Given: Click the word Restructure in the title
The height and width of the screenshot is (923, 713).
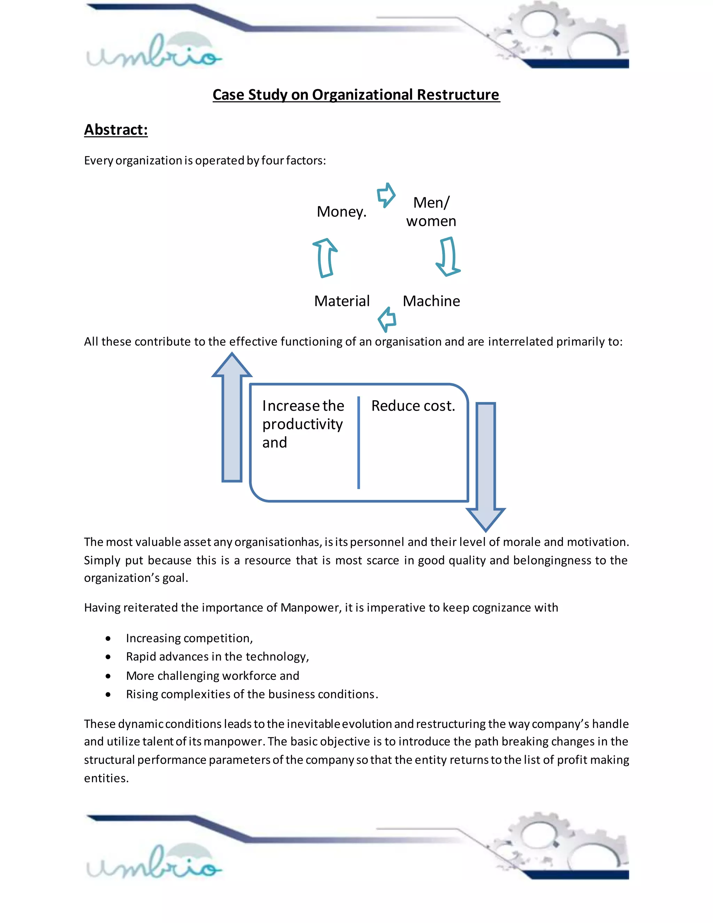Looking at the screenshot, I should pyautogui.click(x=457, y=95).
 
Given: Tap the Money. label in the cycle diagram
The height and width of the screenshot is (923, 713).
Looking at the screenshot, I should pyautogui.click(x=341, y=211).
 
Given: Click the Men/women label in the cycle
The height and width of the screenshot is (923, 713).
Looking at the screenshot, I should pyautogui.click(x=431, y=212).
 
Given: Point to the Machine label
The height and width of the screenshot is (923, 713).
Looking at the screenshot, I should pyautogui.click(x=431, y=301).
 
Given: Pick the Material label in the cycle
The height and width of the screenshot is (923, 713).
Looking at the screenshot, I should pyautogui.click(x=342, y=301).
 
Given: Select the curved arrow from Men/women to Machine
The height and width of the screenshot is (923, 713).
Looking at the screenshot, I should pyautogui.click(x=448, y=257).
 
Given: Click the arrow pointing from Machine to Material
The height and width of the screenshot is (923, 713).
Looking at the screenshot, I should pyautogui.click(x=387, y=319).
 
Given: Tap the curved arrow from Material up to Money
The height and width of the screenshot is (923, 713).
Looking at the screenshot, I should pyautogui.click(x=325, y=257).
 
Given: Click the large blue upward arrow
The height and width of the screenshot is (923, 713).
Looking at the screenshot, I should pyautogui.click(x=232, y=418).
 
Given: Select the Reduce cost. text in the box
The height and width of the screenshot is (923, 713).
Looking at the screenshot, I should pyautogui.click(x=413, y=406).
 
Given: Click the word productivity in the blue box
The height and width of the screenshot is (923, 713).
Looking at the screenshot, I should pyautogui.click(x=303, y=424).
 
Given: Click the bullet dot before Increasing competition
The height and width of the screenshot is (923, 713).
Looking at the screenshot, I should pyautogui.click(x=108, y=638).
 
